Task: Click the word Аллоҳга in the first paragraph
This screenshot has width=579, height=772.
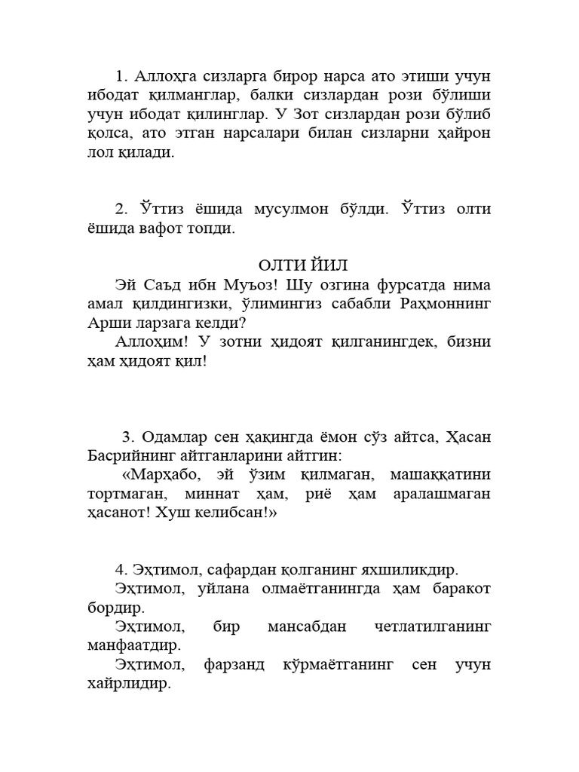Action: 164,78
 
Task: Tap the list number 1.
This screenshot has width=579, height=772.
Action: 120,78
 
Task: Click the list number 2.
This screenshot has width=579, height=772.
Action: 120,210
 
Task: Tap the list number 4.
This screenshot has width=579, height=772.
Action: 120,569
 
